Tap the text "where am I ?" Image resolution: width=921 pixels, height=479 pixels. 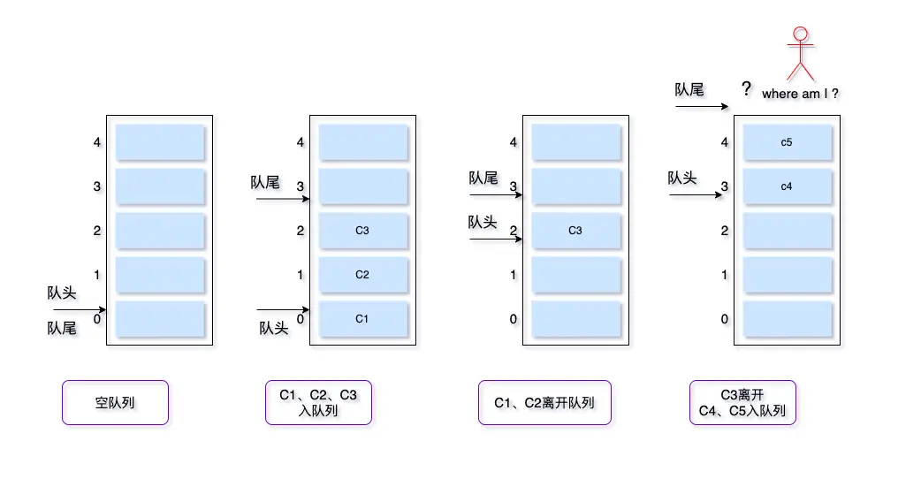pos(800,94)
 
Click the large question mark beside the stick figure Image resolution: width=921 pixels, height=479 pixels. pos(747,89)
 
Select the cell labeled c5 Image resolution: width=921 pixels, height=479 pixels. pos(787,141)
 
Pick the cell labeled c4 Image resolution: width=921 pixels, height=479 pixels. pos(787,186)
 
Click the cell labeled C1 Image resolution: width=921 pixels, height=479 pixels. pos(362,318)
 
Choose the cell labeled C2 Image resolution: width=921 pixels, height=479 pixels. pos(362,274)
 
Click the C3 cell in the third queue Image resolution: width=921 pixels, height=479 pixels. pos(575,230)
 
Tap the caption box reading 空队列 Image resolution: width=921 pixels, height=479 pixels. pos(115,403)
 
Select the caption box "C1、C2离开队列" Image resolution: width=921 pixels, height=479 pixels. pos(544,403)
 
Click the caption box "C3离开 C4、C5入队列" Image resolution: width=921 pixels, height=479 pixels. pos(742,403)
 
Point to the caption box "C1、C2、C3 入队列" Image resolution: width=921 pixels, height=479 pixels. pos(318,403)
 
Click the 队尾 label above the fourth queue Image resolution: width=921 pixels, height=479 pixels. pos(689,89)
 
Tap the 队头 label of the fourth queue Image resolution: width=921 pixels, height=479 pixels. pos(682,178)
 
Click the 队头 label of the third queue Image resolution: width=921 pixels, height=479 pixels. pos(483,222)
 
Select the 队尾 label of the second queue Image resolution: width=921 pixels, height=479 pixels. pos(264,182)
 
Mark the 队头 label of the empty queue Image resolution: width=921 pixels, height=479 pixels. pos(62,293)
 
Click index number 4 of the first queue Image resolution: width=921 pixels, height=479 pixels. pos(96,141)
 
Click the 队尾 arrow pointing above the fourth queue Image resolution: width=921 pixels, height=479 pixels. pos(702,107)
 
